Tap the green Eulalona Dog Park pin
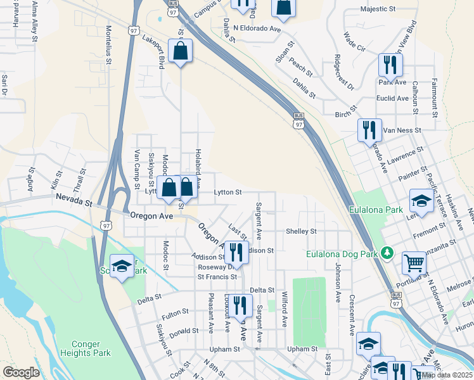(x=388, y=255)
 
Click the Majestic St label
(x=378, y=9)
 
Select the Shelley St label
(x=301, y=231)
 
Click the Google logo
(x=21, y=372)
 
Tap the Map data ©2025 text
(x=447, y=375)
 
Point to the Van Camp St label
(x=137, y=170)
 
